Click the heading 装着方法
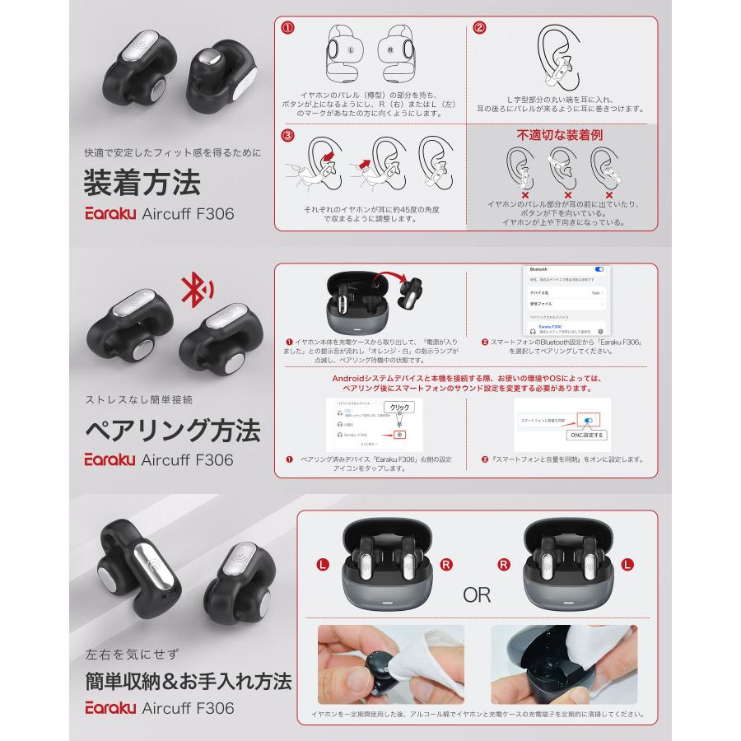(142, 181)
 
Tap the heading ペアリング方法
(173, 430)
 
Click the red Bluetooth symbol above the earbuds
(195, 289)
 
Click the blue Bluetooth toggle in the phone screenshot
(599, 269)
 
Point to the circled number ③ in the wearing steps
(287, 135)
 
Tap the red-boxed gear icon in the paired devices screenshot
(398, 434)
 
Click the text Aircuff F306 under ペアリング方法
(189, 459)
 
